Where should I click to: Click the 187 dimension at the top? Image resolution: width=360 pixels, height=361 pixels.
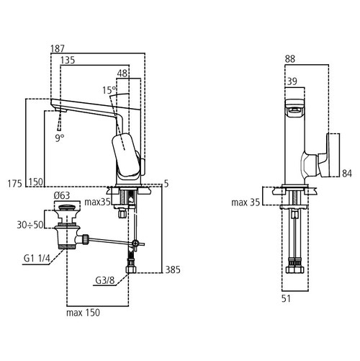point(58,48)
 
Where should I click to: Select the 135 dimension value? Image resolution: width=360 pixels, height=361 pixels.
point(68,61)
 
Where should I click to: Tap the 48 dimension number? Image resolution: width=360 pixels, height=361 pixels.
point(123,73)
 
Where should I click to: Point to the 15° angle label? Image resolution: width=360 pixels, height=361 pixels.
point(109,90)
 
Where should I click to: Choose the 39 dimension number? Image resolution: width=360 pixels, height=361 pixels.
point(292,83)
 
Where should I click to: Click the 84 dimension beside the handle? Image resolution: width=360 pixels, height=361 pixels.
point(347,173)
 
